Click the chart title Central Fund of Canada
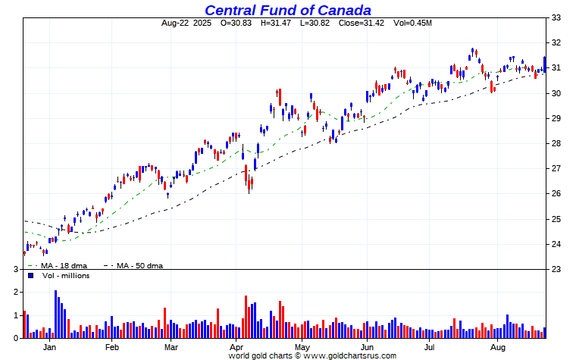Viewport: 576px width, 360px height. coord(287,10)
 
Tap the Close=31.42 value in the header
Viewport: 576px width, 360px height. coord(362,23)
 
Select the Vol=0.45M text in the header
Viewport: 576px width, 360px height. coord(413,23)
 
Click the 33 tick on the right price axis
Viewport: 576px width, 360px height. coord(556,17)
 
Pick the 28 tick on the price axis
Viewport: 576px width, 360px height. coord(556,143)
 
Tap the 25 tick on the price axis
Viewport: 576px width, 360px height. coord(556,219)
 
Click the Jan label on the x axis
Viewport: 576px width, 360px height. coord(49,347)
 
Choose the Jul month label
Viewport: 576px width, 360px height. coord(429,347)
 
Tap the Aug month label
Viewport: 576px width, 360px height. coord(497,347)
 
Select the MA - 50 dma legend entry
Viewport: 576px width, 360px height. coord(140,266)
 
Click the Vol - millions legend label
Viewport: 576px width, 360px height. coord(64,276)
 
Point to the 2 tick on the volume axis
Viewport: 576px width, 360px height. coord(15,292)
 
